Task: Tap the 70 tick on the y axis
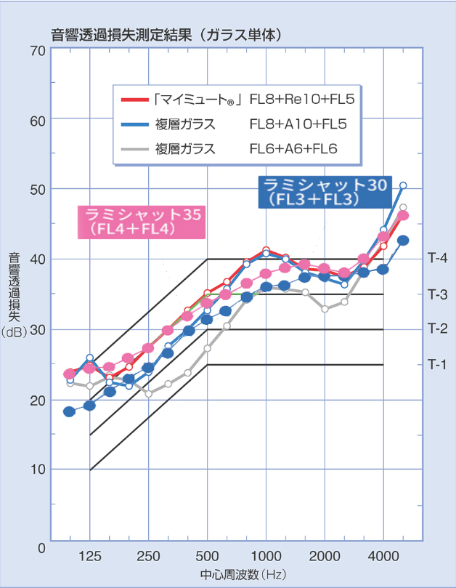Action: pyautogui.click(x=37, y=50)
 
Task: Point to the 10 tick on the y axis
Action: pyautogui.click(x=37, y=470)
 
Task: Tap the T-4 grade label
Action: pyautogui.click(x=438, y=259)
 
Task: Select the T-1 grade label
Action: pyautogui.click(x=438, y=364)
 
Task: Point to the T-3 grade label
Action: pyautogui.click(x=438, y=294)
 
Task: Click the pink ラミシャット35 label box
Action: pyautogui.click(x=142, y=221)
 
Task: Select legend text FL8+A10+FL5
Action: pyautogui.click(x=298, y=124)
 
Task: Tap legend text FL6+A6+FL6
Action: pyautogui.click(x=294, y=149)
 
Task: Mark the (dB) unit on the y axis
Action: pyautogui.click(x=14, y=331)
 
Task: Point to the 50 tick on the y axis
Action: pyautogui.click(x=37, y=190)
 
